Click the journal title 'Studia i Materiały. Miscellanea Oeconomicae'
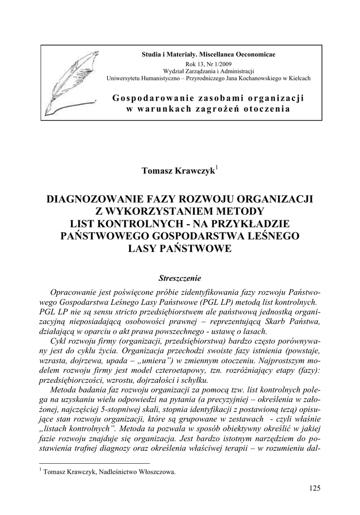coord(208,54)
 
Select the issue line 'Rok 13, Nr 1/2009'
coord(208,63)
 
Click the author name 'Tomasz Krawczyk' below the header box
coord(178,170)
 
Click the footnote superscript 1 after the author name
coord(217,166)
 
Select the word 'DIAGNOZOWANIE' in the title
coord(95,199)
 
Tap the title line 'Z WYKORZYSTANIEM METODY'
coord(179,211)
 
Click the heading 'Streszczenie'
coord(179,277)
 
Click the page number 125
coord(315,488)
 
